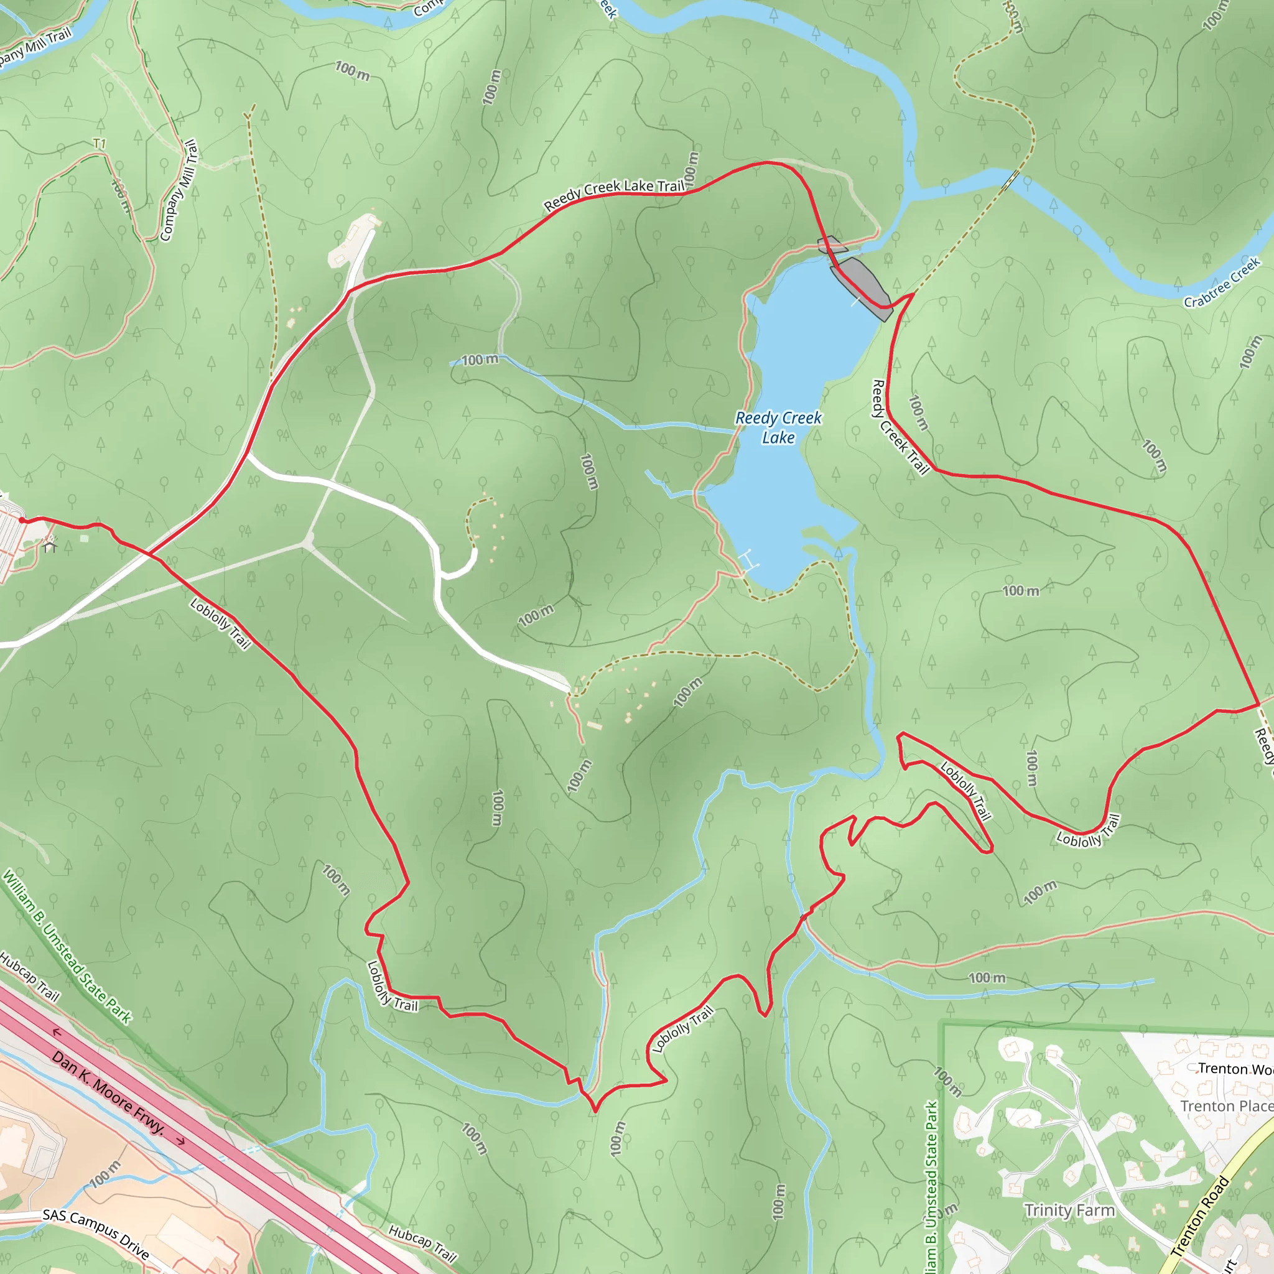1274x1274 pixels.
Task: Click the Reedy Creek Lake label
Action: pos(778,427)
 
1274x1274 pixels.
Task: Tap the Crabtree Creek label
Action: pos(1221,283)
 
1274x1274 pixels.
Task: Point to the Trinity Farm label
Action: pos(1069,1210)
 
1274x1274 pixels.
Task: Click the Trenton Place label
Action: pos(1226,1106)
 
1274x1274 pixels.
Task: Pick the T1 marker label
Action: pos(100,143)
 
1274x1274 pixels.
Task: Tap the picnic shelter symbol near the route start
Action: pos(49,546)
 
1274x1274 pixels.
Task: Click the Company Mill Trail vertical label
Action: pos(179,190)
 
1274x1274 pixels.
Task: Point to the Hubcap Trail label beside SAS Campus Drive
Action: pos(422,1243)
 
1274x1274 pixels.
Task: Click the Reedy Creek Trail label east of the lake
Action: pos(900,427)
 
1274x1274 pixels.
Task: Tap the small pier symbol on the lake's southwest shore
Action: pos(749,560)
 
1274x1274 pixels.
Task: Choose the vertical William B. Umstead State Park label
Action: pos(931,1188)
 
